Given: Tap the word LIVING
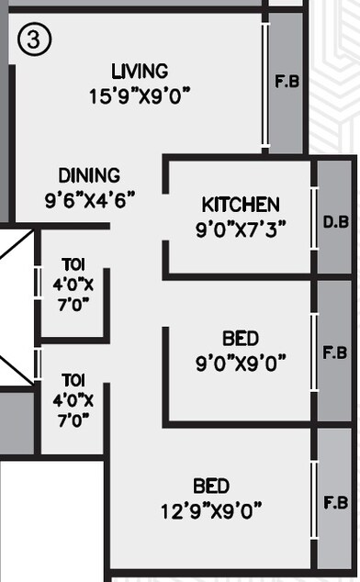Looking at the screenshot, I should (x=140, y=72).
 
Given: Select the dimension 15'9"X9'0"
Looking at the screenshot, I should (x=140, y=94).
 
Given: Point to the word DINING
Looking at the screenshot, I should (x=89, y=175).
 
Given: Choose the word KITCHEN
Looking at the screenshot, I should (x=241, y=205).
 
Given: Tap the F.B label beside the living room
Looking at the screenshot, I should (x=287, y=81).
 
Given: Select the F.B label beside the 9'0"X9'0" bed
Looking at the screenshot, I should (x=335, y=353).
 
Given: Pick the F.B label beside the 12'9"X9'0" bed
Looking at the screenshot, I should (x=335, y=503).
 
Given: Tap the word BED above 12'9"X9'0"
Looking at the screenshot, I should (x=211, y=486).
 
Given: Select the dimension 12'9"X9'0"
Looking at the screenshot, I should (x=211, y=508).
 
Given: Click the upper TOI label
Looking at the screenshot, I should (x=73, y=265).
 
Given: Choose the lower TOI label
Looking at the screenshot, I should (x=73, y=378).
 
